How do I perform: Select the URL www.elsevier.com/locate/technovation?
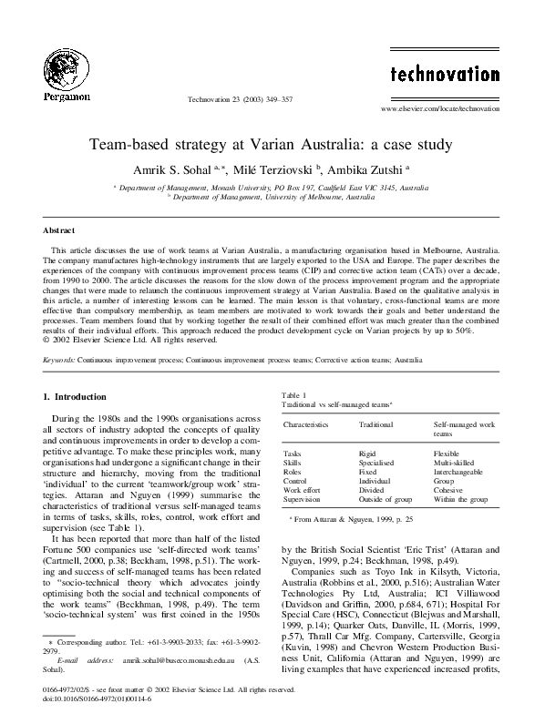(439, 108)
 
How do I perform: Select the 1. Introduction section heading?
(76, 396)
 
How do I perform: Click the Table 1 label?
(294, 393)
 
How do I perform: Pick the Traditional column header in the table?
(375, 424)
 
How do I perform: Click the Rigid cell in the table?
(367, 453)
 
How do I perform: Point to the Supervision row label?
(302, 499)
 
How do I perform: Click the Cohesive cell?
(448, 490)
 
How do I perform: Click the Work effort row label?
(302, 490)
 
